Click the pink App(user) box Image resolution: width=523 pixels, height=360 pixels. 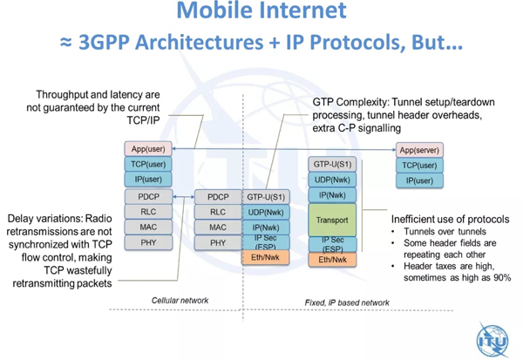pos(148,149)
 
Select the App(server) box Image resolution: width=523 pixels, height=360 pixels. pos(419,150)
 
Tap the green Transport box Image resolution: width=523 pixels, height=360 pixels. pos(332,221)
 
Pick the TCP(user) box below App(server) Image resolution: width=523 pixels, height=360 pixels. pos(419,166)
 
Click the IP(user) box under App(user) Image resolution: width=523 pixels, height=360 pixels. pos(148,180)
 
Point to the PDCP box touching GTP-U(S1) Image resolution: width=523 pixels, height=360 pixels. pos(218,197)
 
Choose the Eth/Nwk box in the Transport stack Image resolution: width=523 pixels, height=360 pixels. pos(332,260)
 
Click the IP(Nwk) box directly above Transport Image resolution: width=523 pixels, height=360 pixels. pos(332,195)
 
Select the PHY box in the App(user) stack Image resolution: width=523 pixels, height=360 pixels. pos(148,242)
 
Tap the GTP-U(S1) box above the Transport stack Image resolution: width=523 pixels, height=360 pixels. pos(332,164)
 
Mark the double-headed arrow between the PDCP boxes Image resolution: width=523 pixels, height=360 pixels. pos(183,197)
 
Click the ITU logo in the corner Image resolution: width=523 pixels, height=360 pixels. pos(493,340)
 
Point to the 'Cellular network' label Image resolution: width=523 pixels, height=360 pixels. pos(180,300)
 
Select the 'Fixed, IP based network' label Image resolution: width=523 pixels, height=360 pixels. pos(347,302)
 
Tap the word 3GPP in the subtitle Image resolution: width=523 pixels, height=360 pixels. pos(104,43)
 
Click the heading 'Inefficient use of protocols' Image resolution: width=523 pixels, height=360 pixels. pos(451,219)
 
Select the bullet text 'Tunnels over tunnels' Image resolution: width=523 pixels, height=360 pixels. pos(445,231)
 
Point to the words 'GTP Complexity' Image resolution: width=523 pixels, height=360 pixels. pos(350,102)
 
